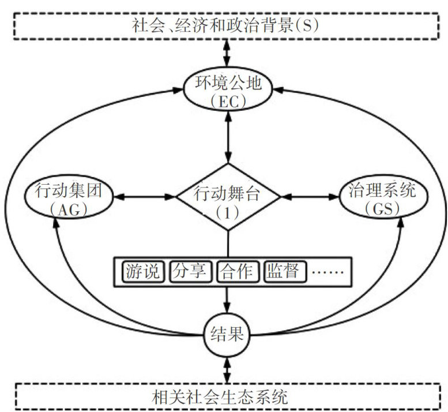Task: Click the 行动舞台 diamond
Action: pos(228,197)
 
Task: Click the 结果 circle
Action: pos(228,334)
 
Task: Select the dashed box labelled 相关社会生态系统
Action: pos(228,398)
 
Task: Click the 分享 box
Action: pos(191,271)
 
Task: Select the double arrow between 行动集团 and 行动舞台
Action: pos(144,197)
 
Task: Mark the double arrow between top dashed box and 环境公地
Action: pos(228,57)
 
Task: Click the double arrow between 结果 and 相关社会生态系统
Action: pos(228,367)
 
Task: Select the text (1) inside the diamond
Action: pos(228,211)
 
